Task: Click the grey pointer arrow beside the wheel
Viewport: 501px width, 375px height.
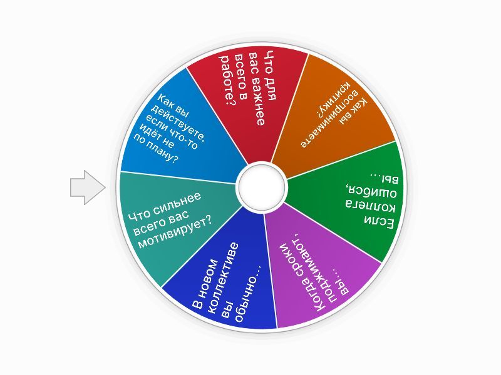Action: (x=88, y=187)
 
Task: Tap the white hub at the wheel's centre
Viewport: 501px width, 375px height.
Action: (x=262, y=187)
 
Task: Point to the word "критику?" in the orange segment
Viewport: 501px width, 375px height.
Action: (x=333, y=99)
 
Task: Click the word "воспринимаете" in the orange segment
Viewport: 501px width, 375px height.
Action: (x=329, y=119)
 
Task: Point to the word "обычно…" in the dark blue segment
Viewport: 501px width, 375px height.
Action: (x=247, y=293)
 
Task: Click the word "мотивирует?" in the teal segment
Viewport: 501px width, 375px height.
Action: (x=175, y=232)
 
